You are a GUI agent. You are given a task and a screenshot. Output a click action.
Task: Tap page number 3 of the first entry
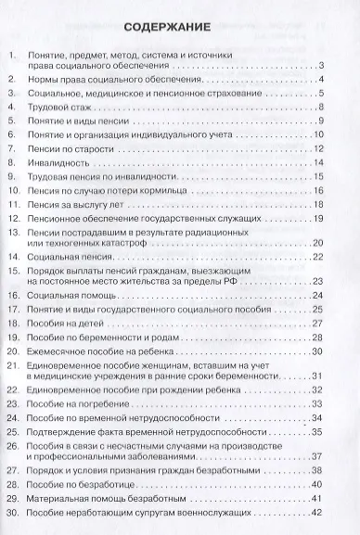pyautogui.click(x=319, y=65)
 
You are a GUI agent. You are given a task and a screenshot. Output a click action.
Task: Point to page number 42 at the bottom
pyautogui.click(x=316, y=513)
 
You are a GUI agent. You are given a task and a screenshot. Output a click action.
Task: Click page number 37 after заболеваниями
pyautogui.click(x=316, y=458)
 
